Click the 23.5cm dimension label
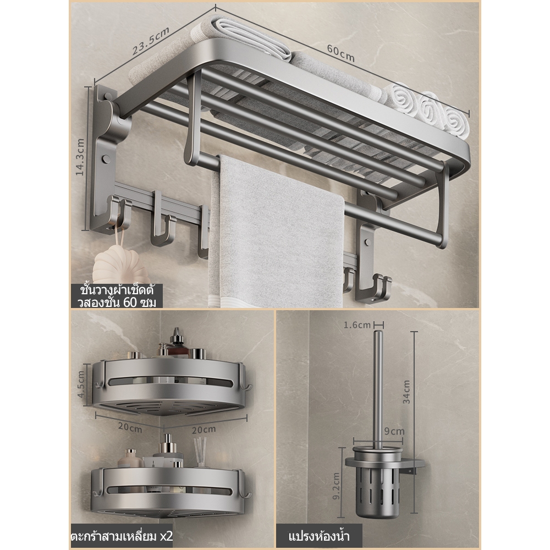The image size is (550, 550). pos(151,41)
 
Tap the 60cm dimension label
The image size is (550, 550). pos(341,53)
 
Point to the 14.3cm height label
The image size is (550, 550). pos(80,157)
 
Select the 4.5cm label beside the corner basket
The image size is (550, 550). pos(81,384)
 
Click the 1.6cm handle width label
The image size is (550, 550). pos(357,325)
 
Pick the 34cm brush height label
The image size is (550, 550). pos(406,392)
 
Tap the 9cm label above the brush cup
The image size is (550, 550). pos(394,431)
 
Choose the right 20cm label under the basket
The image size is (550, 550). pos(204,429)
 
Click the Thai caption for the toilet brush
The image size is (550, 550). pos(319,536)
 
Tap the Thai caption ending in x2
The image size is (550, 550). pos(122,536)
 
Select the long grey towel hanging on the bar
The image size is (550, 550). pos(277,232)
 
